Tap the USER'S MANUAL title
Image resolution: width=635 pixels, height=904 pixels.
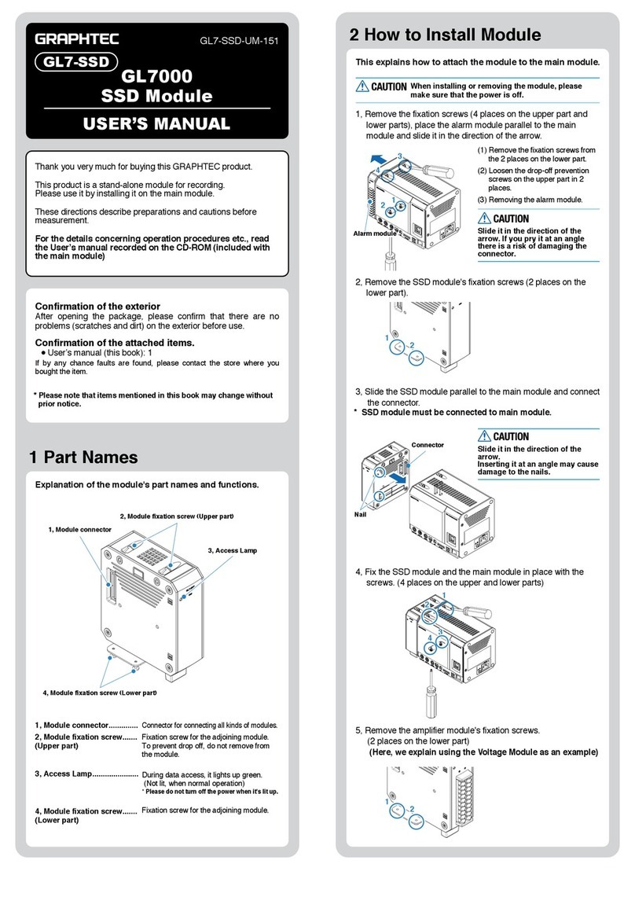[x=157, y=123]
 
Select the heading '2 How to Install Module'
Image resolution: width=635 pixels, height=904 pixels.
[x=445, y=35]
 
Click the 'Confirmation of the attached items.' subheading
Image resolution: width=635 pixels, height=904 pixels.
[x=115, y=342]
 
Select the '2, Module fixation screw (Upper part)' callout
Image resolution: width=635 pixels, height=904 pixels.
[x=177, y=516]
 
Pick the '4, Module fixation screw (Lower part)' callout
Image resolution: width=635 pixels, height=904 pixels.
[x=100, y=692]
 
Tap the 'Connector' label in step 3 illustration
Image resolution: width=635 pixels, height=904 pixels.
[x=428, y=445]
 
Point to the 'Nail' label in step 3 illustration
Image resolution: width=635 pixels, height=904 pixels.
[x=361, y=515]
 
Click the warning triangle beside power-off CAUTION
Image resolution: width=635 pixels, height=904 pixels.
[x=362, y=86]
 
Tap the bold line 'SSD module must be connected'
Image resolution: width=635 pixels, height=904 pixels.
[x=456, y=413]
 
